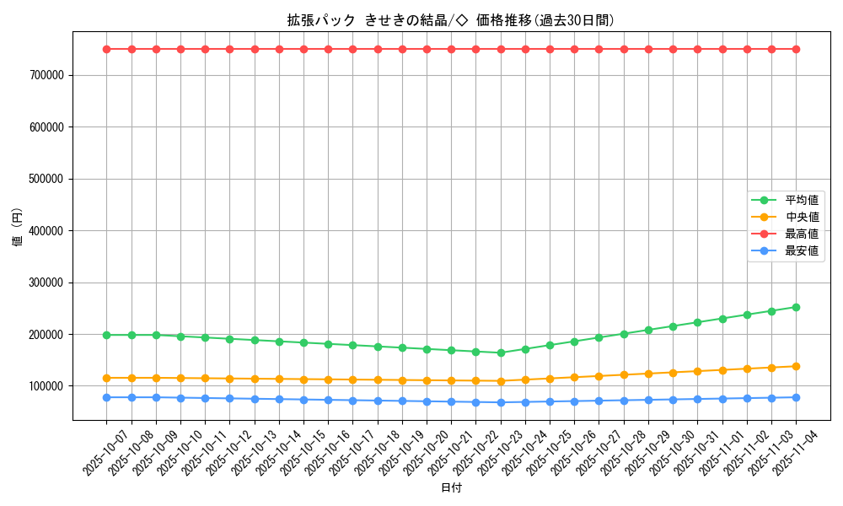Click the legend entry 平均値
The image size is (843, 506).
pos(802,200)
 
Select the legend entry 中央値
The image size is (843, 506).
pos(802,217)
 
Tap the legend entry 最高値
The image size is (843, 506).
pos(802,234)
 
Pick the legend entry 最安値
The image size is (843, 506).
pos(802,250)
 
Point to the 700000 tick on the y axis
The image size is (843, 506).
pos(46,76)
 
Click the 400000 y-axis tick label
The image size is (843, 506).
pos(46,231)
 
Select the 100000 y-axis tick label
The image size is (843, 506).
pos(46,386)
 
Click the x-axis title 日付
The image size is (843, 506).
pos(451,487)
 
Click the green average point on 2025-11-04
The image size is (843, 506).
pos(796,307)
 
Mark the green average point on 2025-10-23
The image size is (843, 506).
pos(501,353)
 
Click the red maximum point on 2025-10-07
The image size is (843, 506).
pos(106,49)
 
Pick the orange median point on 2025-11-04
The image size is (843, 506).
pos(796,366)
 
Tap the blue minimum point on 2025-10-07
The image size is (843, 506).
pos(106,397)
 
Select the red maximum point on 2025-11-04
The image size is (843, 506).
pos(796,49)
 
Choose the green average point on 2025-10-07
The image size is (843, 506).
pos(106,335)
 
